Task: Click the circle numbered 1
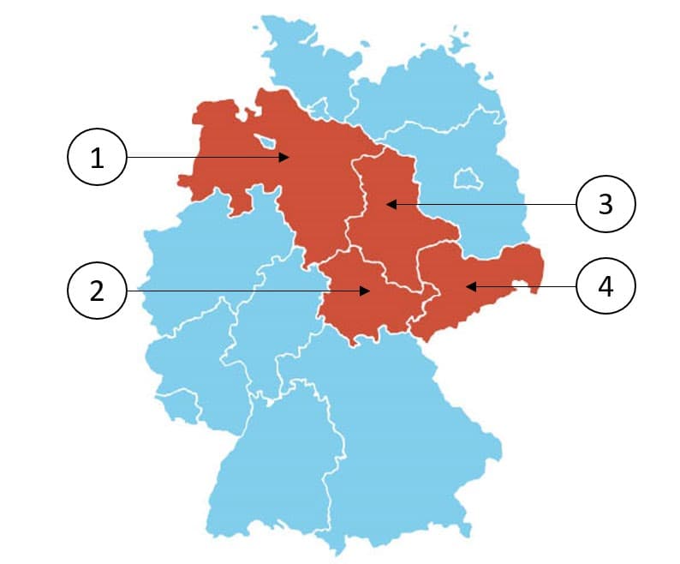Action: click(97, 158)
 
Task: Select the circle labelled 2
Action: click(97, 291)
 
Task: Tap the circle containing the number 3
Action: click(605, 204)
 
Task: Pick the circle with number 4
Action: click(605, 285)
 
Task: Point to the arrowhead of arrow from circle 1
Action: click(289, 158)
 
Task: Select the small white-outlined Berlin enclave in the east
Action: click(468, 180)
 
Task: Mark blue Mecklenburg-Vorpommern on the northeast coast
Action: click(428, 94)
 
